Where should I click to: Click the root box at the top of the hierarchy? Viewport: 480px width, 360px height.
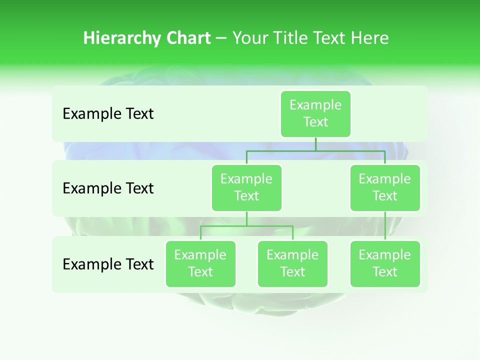[x=315, y=113]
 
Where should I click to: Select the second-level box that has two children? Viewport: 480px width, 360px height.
[x=246, y=187]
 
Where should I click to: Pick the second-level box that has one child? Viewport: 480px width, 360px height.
[x=385, y=187]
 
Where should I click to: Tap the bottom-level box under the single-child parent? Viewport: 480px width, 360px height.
[x=385, y=263]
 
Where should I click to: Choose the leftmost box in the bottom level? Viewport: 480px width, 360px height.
[x=200, y=263]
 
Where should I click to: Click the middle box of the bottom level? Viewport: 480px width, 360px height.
[x=292, y=263]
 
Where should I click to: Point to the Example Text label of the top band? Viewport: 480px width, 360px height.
[x=108, y=114]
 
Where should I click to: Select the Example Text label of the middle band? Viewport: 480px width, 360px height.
[x=108, y=188]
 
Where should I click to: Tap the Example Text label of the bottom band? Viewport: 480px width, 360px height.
[x=108, y=264]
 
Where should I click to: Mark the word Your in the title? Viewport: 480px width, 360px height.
[x=250, y=38]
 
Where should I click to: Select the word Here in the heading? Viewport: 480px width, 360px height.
[x=369, y=38]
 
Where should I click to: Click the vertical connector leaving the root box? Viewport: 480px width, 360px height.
[x=315, y=144]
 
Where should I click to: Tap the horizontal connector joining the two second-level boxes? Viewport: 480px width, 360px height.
[x=315, y=150]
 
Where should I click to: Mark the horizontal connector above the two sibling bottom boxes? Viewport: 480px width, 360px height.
[x=246, y=226]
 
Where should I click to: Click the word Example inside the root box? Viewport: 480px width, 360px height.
[x=315, y=105]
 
